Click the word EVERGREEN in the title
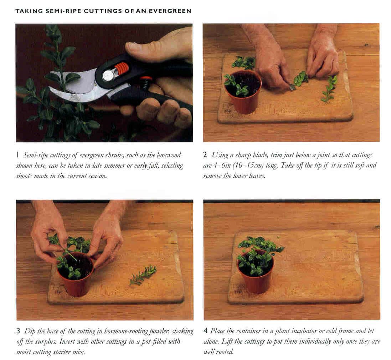coord(170,11)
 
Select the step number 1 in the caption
coord(17,155)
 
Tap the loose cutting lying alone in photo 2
coord(330,89)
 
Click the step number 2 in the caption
coord(205,155)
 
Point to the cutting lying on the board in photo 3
coord(143,275)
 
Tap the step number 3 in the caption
coord(18,331)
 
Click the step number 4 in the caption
coord(205,331)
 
